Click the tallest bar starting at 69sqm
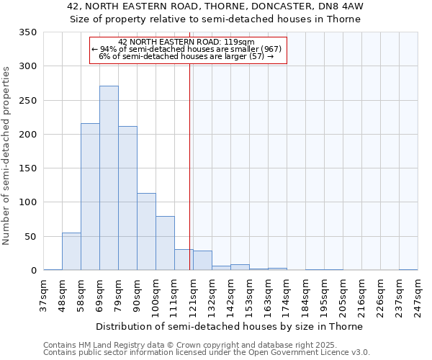109,178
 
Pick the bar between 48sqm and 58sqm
71,251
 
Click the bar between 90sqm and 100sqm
146,232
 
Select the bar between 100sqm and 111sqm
165,243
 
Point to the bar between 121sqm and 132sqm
202,261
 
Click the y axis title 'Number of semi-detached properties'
7,155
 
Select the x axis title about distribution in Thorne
229,326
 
